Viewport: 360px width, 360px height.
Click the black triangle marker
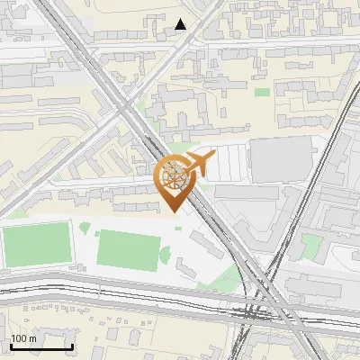181,24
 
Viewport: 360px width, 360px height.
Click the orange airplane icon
200,164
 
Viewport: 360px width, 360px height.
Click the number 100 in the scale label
19,338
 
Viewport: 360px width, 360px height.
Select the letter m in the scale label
32,338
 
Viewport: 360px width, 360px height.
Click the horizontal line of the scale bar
41,347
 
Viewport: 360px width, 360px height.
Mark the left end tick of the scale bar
11,346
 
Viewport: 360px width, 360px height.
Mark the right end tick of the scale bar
72,346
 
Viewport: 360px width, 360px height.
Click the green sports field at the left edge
36,244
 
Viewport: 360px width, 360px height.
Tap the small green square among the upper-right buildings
262,92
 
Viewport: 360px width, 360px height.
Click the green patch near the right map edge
311,247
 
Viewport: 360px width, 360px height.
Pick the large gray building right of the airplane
281,159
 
